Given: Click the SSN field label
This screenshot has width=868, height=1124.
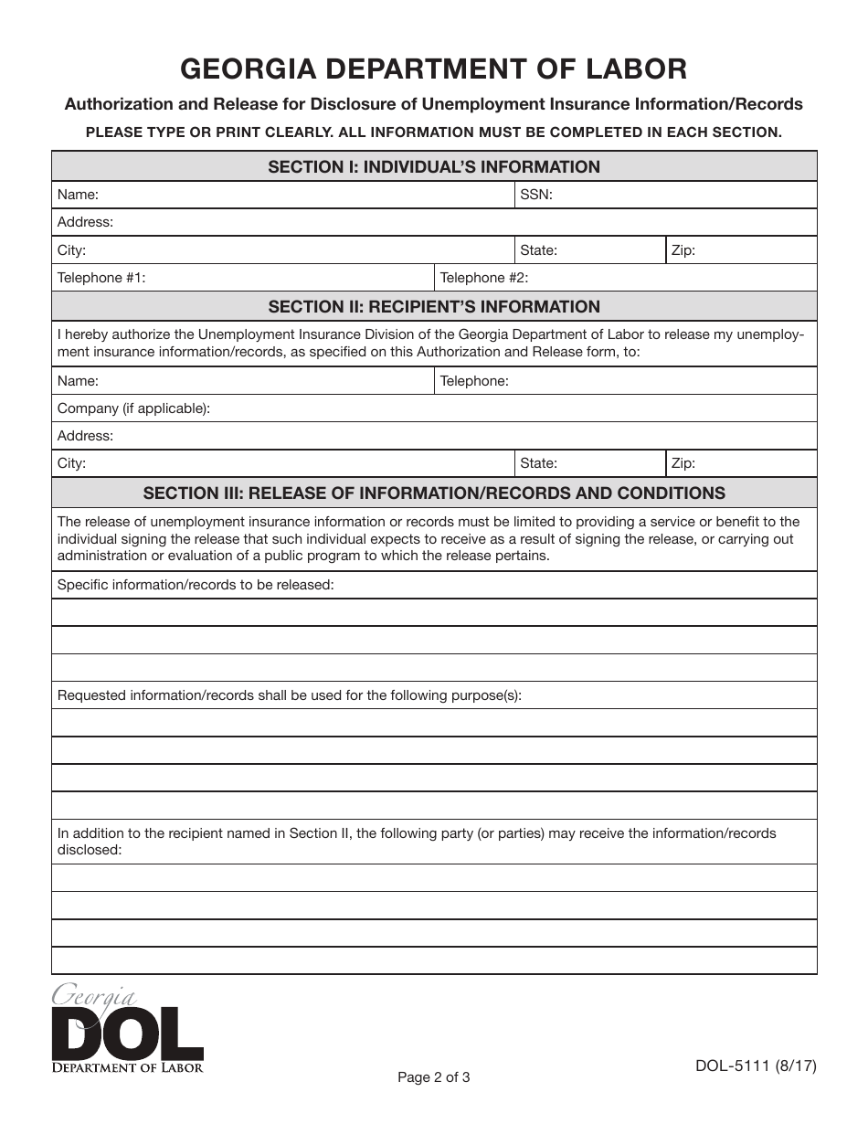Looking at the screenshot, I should (536, 195).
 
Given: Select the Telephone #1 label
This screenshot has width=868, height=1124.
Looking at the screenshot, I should (101, 278).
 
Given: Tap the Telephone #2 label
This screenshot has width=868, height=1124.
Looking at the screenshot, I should (484, 278).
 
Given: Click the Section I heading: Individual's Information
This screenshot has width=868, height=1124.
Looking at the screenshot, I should (434, 167).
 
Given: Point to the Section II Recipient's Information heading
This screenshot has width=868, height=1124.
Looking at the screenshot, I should (434, 307).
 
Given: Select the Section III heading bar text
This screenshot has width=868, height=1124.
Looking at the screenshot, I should (434, 493).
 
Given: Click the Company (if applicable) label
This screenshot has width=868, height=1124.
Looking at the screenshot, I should (133, 408).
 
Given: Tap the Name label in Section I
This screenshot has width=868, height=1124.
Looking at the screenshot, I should (78, 195).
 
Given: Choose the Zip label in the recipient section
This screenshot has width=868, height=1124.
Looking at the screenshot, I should (683, 463).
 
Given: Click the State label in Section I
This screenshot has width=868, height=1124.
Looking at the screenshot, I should (538, 250).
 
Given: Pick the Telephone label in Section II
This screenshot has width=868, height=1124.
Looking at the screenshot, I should (474, 381).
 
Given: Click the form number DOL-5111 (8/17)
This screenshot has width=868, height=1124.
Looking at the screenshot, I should (756, 1066).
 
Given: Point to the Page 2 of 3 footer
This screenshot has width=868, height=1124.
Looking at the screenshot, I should (434, 1077).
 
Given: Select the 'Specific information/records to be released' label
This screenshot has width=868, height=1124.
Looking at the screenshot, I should (196, 585).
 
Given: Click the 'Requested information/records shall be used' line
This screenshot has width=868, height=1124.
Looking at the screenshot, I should (290, 695).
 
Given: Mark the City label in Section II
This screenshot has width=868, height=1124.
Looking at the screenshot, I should (71, 463).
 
